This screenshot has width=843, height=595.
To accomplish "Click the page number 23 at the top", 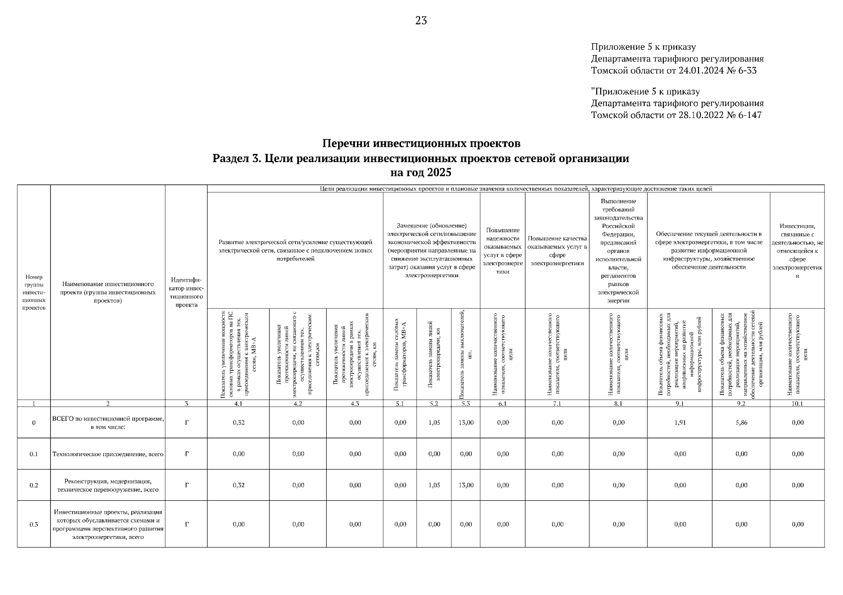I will pyautogui.click(x=421, y=20).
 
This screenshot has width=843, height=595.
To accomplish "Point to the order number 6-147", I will pyautogui.click(x=747, y=115).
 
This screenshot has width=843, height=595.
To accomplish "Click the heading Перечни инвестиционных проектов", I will pyautogui.click(x=421, y=144).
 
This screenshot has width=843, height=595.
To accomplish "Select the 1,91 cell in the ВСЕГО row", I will pyautogui.click(x=680, y=422).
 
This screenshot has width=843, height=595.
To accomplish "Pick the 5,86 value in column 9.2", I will pyautogui.click(x=741, y=422).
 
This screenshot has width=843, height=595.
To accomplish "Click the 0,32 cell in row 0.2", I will pyautogui.click(x=238, y=485).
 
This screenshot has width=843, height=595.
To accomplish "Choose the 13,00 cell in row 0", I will pyautogui.click(x=466, y=422).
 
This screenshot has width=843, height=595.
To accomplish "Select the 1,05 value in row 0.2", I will pyautogui.click(x=434, y=485).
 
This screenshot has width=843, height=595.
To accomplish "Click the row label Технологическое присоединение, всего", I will pyautogui.click(x=108, y=454).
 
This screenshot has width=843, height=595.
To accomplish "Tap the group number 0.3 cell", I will pyautogui.click(x=34, y=524).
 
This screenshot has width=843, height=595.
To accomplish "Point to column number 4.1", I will pyautogui.click(x=238, y=404).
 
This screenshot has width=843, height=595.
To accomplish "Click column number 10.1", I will pyautogui.click(x=797, y=404).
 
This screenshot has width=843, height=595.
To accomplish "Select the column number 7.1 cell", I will pyautogui.click(x=557, y=404).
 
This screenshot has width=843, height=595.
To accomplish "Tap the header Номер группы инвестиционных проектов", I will pyautogui.click(x=34, y=293).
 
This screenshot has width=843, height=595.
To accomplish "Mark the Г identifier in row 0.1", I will pyautogui.click(x=186, y=454).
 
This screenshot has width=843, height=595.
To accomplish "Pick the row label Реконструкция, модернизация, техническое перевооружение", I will pyautogui.click(x=108, y=485).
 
